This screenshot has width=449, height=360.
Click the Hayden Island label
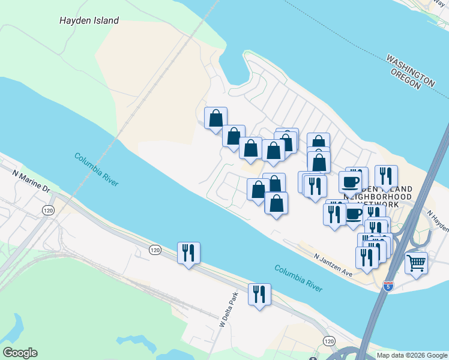click(89, 20)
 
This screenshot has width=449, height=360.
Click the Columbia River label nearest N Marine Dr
click(96, 170)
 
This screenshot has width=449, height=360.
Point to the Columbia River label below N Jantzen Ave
click(298, 277)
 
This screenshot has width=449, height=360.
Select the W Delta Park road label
click(226, 311)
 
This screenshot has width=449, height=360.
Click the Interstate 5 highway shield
click(388, 286)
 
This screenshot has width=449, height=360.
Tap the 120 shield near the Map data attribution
click(329, 341)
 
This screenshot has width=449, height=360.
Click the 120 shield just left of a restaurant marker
click(155, 250)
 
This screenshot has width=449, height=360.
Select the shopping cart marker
click(416, 262)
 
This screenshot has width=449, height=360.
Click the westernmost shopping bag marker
click(215, 118)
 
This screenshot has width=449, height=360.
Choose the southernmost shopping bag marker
click(276, 203)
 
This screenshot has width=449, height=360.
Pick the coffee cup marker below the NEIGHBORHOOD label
click(354, 214)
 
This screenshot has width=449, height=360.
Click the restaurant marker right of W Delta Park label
click(259, 294)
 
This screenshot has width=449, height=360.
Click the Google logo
click(19, 353)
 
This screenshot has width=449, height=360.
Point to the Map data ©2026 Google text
click(412, 355)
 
